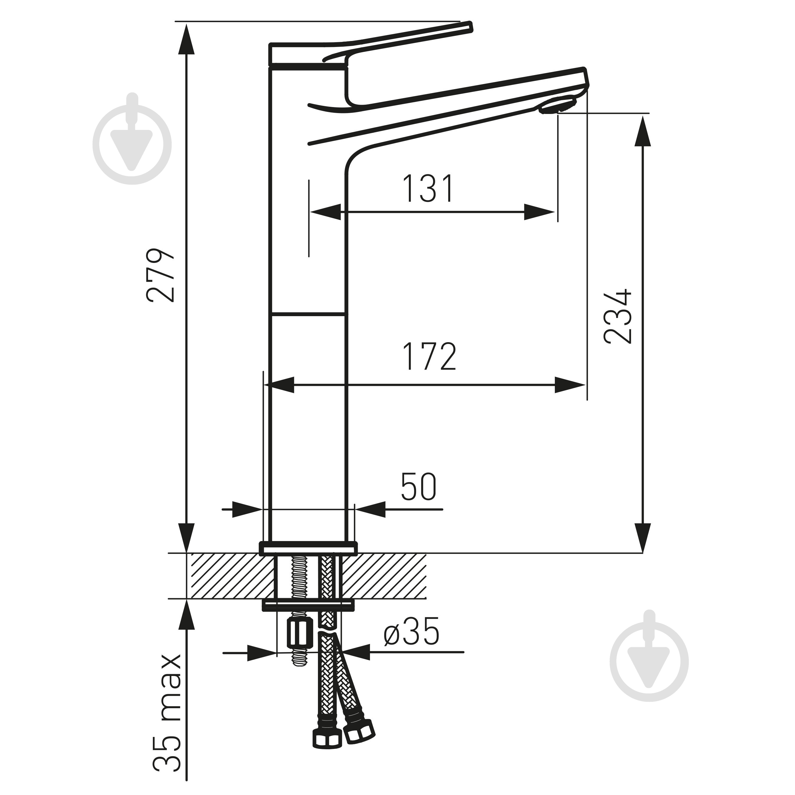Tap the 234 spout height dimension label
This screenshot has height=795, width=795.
coord(617,316)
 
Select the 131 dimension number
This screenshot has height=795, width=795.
coord(428,189)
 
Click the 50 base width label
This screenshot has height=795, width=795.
coord(418,487)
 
